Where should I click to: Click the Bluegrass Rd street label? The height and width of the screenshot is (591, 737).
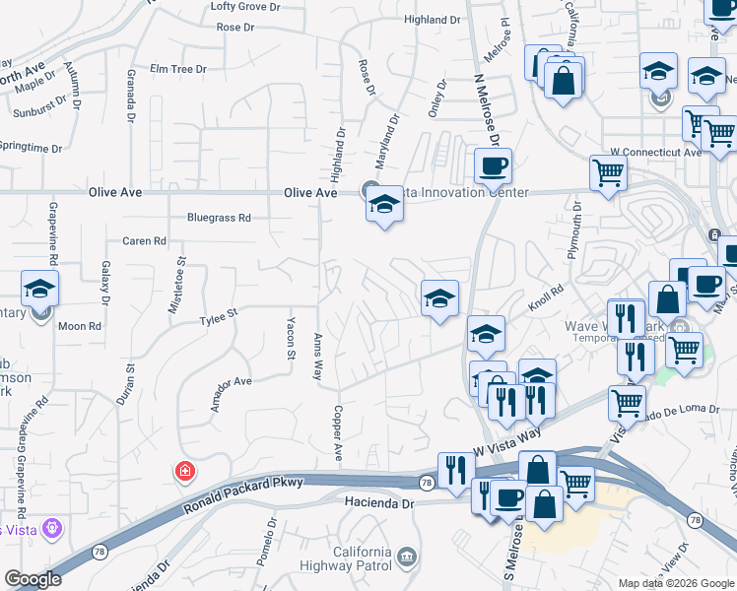point(219,218)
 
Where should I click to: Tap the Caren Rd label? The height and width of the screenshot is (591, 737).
point(144,241)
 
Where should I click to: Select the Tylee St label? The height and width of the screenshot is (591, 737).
point(219,318)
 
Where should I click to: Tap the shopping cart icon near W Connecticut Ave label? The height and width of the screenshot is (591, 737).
point(609,174)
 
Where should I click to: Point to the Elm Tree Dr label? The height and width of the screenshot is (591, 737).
point(177,69)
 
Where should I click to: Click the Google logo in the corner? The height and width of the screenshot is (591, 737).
point(33,579)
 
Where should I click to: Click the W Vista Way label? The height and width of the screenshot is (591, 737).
point(507,438)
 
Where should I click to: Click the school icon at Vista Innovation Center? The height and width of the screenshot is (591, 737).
point(384,205)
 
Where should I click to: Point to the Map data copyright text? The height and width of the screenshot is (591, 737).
point(675,583)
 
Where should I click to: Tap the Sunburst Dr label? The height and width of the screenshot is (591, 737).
point(40,107)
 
